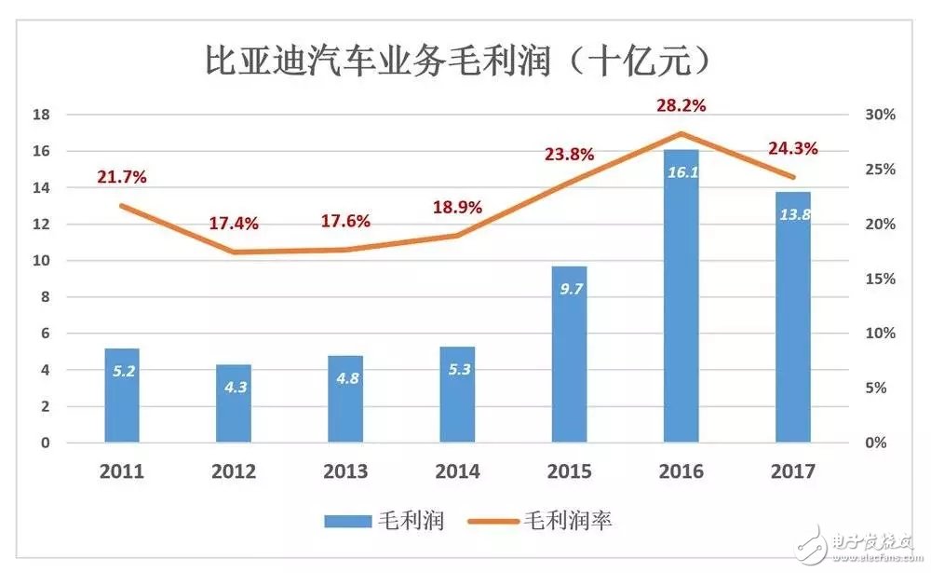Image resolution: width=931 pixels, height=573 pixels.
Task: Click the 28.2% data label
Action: [681, 105]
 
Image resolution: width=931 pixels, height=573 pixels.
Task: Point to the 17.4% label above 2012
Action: [234, 224]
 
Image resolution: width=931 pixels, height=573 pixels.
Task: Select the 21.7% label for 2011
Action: [122, 177]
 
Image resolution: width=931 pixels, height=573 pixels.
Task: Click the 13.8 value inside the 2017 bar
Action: [792, 215]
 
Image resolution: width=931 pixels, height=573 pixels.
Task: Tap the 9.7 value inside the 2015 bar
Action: [569, 290]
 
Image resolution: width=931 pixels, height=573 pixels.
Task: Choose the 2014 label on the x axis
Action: [457, 472]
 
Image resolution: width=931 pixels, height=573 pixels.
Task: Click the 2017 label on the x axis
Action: [792, 472]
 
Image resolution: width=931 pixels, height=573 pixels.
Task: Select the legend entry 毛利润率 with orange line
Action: [540, 521]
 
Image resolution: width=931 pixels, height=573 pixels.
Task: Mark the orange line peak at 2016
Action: [681, 134]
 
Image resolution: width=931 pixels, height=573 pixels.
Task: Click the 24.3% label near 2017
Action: [792, 148]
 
